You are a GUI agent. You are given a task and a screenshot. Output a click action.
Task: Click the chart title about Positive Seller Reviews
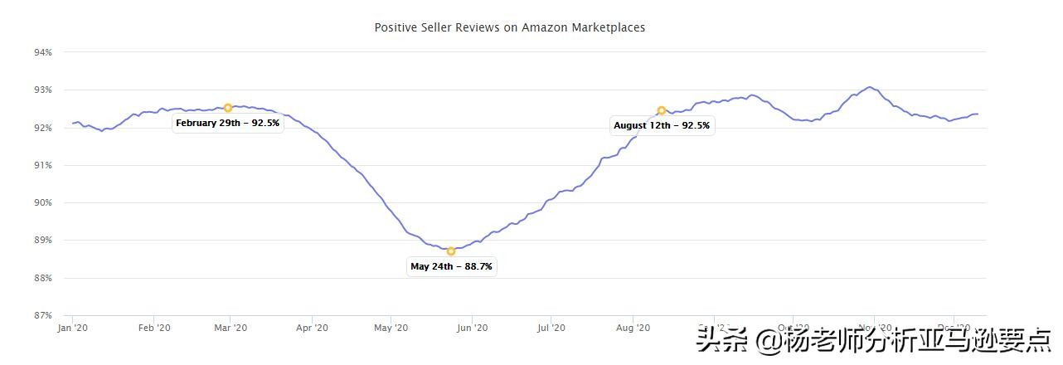tap(509, 27)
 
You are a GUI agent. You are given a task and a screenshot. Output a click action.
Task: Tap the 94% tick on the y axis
tap(43, 52)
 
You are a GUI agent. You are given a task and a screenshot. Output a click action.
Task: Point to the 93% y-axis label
tap(43, 90)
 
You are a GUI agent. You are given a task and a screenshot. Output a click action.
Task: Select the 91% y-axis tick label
tap(43, 165)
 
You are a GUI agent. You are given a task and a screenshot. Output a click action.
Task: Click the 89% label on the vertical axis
tap(43, 240)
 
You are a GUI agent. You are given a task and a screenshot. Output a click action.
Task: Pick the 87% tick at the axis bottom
tap(43, 315)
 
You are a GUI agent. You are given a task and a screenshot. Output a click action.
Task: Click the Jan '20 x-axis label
tap(73, 328)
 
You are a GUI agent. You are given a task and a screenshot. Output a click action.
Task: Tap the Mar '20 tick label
tap(231, 328)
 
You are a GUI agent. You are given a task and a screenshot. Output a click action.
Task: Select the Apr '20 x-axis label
tap(311, 328)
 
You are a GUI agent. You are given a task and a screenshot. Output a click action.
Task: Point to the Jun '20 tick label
tap(472, 328)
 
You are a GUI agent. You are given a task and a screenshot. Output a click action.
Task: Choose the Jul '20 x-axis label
tap(551, 328)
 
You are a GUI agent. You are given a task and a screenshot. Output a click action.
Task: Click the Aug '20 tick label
tap(633, 328)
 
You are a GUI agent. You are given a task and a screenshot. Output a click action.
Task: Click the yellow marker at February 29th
tap(228, 108)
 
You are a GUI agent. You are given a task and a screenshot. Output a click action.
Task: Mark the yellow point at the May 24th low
tap(451, 251)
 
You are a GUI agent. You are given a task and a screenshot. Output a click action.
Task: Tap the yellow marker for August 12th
tap(662, 110)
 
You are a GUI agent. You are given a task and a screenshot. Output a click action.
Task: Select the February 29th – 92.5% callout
tap(228, 124)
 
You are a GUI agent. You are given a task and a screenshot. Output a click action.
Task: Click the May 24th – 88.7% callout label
tap(451, 267)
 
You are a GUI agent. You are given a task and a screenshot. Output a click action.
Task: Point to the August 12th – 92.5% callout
tap(662, 126)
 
